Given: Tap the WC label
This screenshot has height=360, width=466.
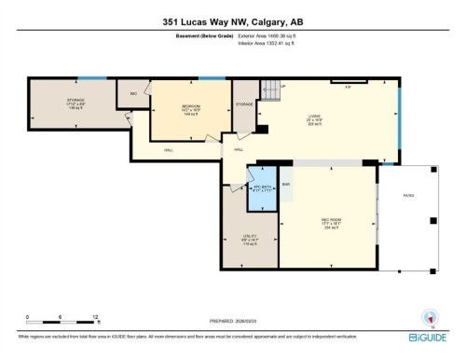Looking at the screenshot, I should (x=134, y=92).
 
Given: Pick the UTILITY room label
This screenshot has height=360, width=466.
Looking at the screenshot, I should (x=249, y=238).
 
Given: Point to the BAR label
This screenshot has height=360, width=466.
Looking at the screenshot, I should (x=285, y=183).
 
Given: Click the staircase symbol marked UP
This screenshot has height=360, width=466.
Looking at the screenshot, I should (x=269, y=91).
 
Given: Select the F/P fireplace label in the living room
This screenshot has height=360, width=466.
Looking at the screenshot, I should (x=347, y=86).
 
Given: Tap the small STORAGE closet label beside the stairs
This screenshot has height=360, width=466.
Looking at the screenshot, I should (x=244, y=104).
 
